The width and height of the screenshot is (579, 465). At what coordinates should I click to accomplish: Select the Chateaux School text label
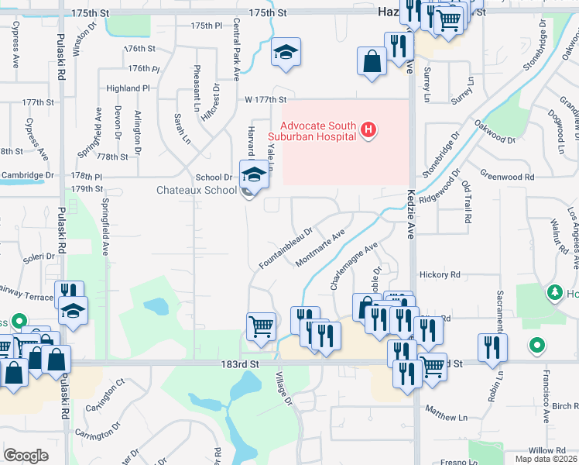[x=197, y=190]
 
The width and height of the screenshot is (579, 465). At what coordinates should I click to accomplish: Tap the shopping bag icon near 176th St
[x=372, y=60]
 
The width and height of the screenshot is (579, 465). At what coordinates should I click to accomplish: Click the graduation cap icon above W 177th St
[x=286, y=52]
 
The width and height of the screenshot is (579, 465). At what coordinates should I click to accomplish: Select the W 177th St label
[x=266, y=99]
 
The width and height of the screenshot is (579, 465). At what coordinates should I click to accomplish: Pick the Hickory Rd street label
[x=439, y=274]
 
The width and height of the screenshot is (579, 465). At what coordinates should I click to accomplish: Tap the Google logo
[x=26, y=456]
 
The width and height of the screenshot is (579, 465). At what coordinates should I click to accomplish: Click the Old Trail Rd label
[x=466, y=202]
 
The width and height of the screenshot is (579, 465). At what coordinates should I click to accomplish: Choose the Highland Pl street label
[x=128, y=88]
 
